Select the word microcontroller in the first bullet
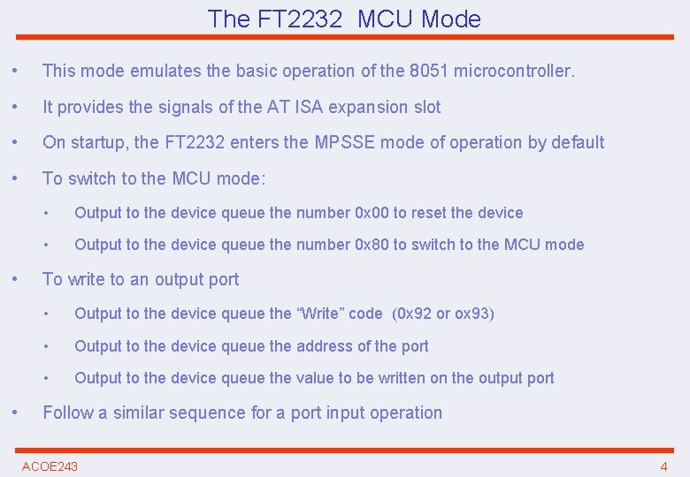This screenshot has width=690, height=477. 513,71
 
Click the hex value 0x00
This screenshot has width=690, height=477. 371,213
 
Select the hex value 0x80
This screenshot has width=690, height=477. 371,245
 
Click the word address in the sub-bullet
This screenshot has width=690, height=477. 323,346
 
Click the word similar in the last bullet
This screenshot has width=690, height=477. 143,413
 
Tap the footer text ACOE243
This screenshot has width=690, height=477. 50,466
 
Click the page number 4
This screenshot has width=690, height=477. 663,466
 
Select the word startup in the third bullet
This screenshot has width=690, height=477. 100,142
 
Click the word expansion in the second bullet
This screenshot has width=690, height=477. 370,107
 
